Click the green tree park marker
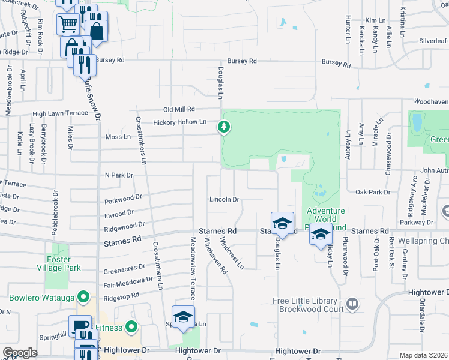pos(223,127)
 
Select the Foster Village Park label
pos(63,264)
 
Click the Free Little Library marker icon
pos(353,305)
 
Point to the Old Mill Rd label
pos(179,109)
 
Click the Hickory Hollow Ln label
pos(179,122)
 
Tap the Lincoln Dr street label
pos(224,199)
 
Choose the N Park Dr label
pos(118,175)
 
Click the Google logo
pos(20,353)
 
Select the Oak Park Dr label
pos(373,192)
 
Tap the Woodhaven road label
pos(430,102)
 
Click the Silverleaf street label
pos(433,41)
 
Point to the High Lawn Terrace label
pos(60,113)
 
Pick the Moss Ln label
pos(118,137)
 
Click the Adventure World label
pos(326,211)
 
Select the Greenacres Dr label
pos(125,267)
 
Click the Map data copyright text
pos(424,355)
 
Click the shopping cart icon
pos(68,25)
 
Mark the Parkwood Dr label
pos(122,197)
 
